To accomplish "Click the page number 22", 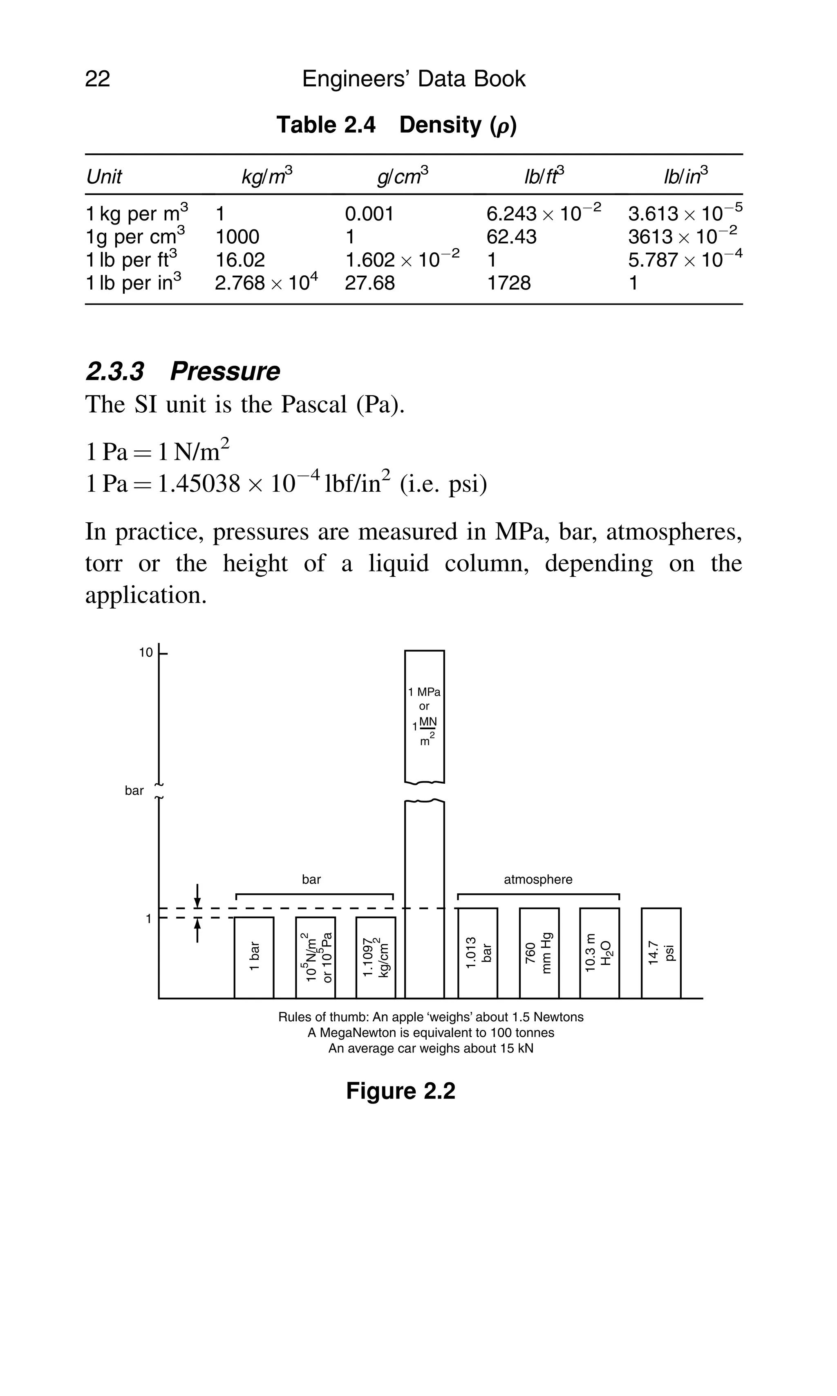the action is pyautogui.click(x=98, y=79).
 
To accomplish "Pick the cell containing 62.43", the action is pyautogui.click(x=511, y=236).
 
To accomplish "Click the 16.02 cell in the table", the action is pyautogui.click(x=240, y=260).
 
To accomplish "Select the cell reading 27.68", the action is pyautogui.click(x=369, y=283).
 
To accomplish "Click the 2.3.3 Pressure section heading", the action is pyautogui.click(x=183, y=371).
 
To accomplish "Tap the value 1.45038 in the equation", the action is pyautogui.click(x=199, y=484).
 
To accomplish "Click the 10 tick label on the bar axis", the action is pyautogui.click(x=146, y=653).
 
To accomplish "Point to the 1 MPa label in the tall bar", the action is pyautogui.click(x=424, y=692).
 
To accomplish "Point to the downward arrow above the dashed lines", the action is pyautogui.click(x=197, y=895).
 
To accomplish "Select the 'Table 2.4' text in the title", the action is pyautogui.click(x=326, y=125).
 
